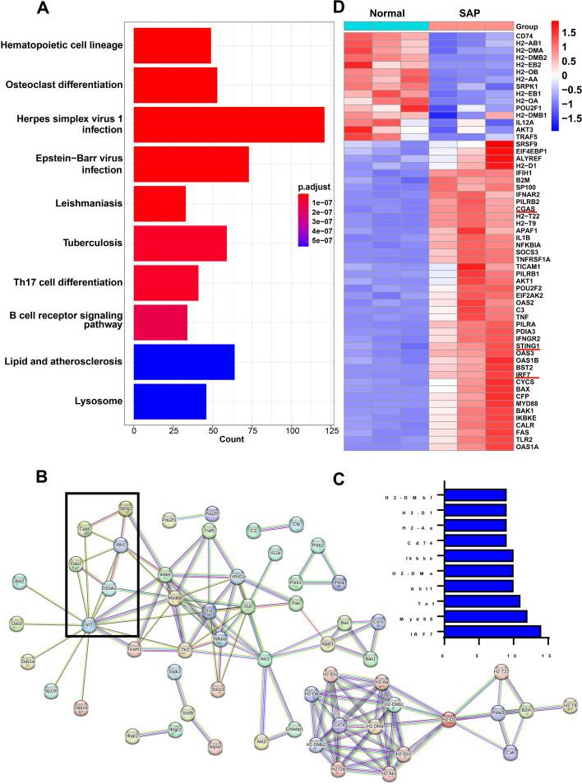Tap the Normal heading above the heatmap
(x=386, y=13)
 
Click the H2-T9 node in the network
(x=569, y=704)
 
